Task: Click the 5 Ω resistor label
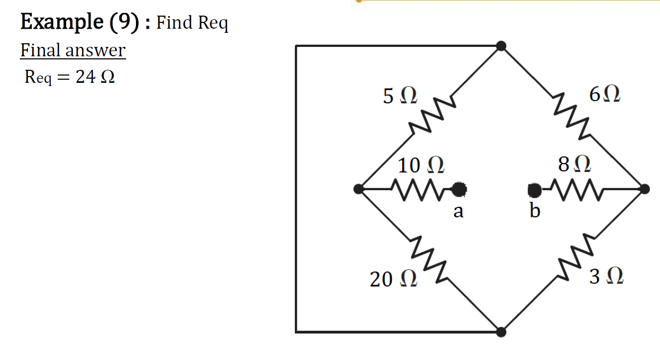[x=400, y=96]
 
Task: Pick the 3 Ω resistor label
[x=606, y=277]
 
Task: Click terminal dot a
[x=458, y=190]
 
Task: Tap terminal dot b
[x=534, y=190]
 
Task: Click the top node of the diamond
[x=501, y=46]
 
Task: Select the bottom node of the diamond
[x=501, y=331]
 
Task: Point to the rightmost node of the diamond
[x=644, y=189]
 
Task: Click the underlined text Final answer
[x=73, y=51]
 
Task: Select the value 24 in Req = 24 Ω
[x=85, y=77]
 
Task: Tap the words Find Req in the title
[x=192, y=23]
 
